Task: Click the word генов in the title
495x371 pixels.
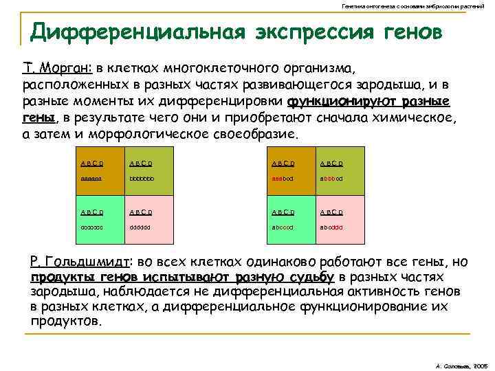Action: [x=406, y=32]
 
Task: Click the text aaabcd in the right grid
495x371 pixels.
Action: [x=283, y=177]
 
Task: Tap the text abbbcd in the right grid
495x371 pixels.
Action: [x=331, y=177]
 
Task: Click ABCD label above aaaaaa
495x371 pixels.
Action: [x=91, y=163]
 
